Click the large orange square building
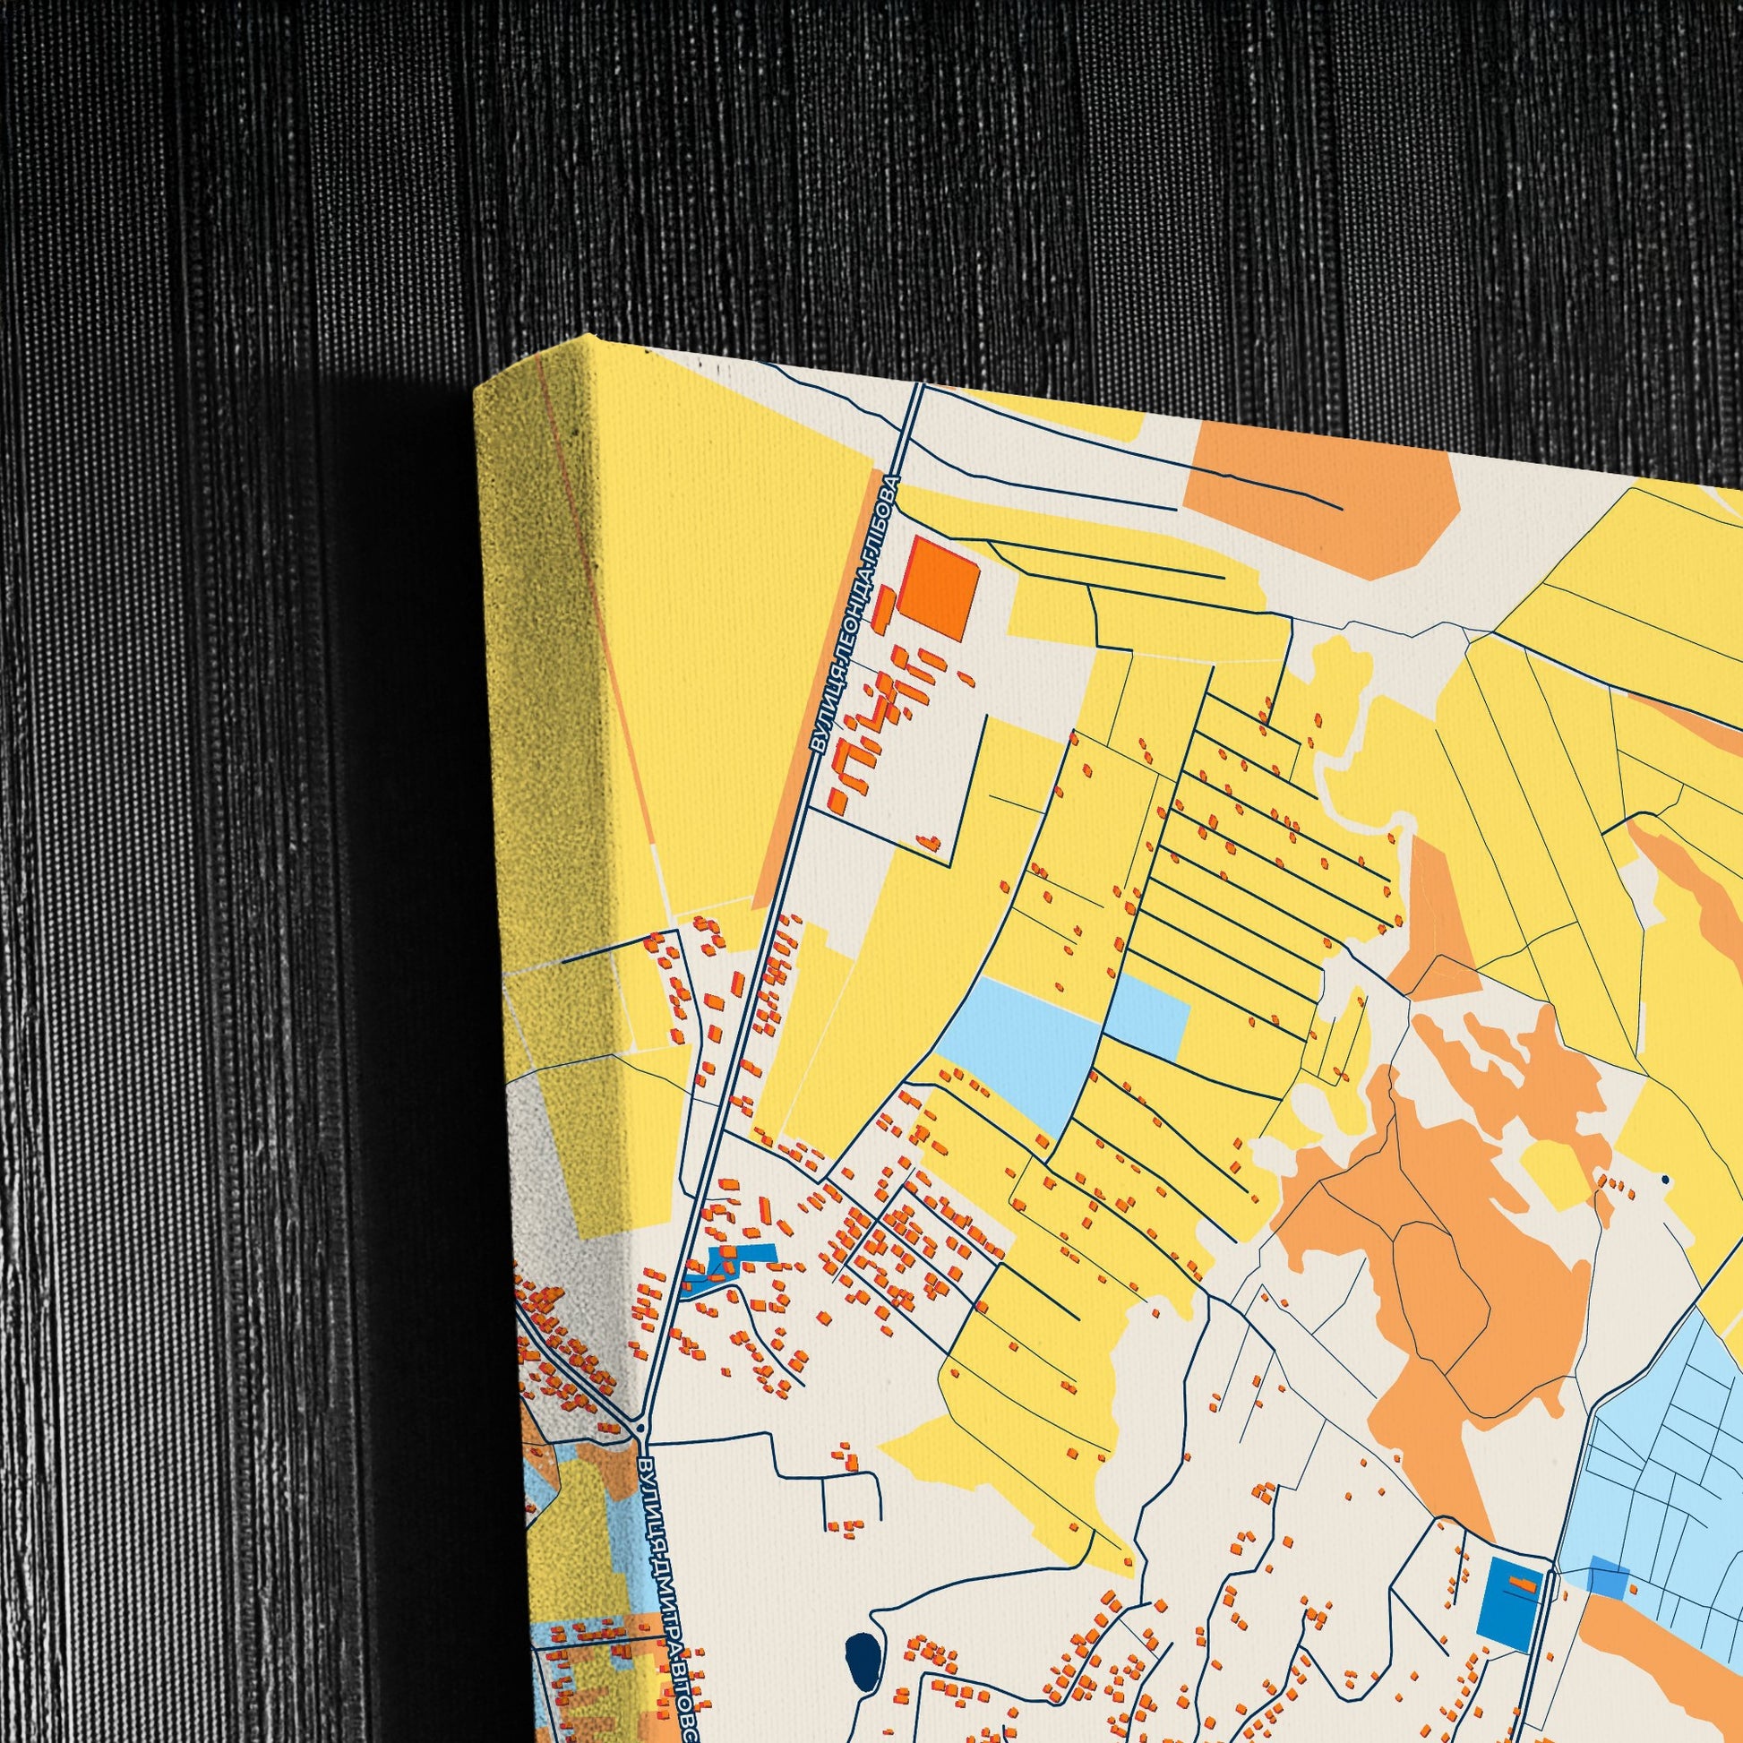(943, 588)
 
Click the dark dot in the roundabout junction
(640, 1428)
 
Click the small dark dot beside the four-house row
(1665, 1179)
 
